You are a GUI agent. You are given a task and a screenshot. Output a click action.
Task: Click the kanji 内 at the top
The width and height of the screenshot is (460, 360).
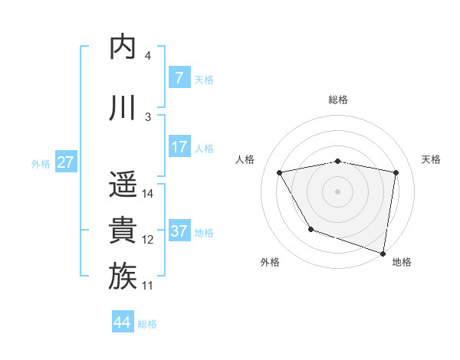tap(123, 47)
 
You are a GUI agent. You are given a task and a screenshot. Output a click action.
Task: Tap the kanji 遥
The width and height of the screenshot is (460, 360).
tap(123, 184)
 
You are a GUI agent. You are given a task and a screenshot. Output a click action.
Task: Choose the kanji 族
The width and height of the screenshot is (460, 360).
tap(123, 276)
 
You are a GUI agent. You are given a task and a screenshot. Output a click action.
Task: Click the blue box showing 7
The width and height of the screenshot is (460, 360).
tap(179, 77)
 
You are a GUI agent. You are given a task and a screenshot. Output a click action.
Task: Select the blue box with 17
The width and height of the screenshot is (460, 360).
tap(179, 146)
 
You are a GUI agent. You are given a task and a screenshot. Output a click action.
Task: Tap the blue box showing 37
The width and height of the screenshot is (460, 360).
tap(179, 231)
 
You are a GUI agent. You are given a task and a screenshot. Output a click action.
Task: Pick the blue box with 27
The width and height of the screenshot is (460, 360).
tap(65, 162)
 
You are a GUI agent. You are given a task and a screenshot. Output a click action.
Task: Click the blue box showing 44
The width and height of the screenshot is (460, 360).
tap(123, 322)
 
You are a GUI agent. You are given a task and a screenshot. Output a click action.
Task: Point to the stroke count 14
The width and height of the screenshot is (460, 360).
tap(149, 193)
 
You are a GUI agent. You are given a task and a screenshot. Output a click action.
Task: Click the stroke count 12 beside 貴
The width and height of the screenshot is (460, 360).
tap(148, 240)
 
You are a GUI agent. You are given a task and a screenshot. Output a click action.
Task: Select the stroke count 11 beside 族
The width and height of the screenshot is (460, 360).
tap(148, 286)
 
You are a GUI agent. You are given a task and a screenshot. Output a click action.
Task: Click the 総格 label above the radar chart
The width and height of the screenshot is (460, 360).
tap(337, 100)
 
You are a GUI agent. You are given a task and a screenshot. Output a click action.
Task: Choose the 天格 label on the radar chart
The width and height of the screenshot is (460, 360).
tap(431, 159)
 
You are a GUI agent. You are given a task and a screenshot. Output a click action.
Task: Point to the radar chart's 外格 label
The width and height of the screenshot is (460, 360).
tap(270, 262)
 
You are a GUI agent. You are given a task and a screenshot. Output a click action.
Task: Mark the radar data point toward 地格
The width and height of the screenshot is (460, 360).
tap(383, 252)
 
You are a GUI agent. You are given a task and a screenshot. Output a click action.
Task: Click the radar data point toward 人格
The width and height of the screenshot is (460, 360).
tap(280, 173)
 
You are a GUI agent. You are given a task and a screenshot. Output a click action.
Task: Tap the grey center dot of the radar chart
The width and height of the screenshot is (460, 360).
tap(337, 191)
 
